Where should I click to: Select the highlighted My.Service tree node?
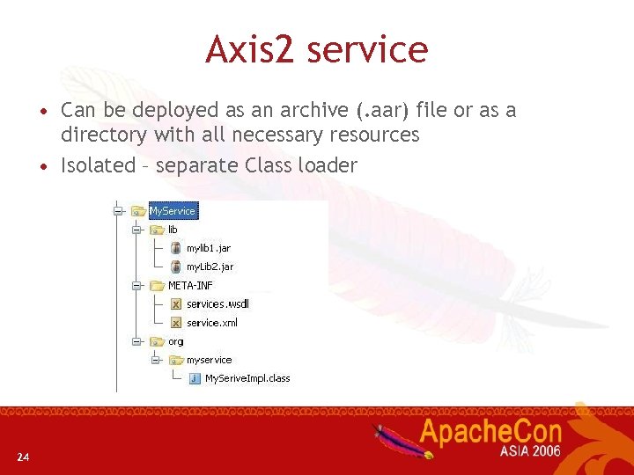pos(173,211)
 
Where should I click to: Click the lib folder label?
pos(173,230)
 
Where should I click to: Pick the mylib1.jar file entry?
pos(208,248)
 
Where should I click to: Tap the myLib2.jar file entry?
pos(210,267)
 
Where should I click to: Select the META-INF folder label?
pos(190,285)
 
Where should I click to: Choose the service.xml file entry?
pos(211,323)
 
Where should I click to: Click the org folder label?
pos(176,341)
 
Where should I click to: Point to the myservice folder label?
pos(209,360)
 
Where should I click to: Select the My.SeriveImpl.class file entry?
pos(247,378)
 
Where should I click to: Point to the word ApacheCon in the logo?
pos(490,431)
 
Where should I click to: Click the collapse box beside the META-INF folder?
pos(135,286)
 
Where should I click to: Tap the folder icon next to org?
pos(157,341)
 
